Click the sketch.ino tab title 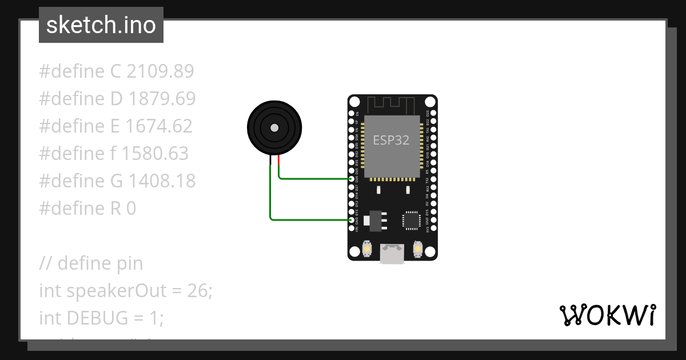click(101, 25)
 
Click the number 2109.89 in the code click(160, 71)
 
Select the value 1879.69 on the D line click(162, 99)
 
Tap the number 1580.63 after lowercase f click(155, 154)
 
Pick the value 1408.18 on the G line click(162, 181)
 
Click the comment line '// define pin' click(91, 263)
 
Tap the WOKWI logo click(607, 315)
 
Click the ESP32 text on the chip click(391, 140)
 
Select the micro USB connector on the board click(392, 254)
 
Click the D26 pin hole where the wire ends click(352, 179)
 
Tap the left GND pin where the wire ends click(352, 220)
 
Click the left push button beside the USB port click(367, 250)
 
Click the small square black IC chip click(411, 220)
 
